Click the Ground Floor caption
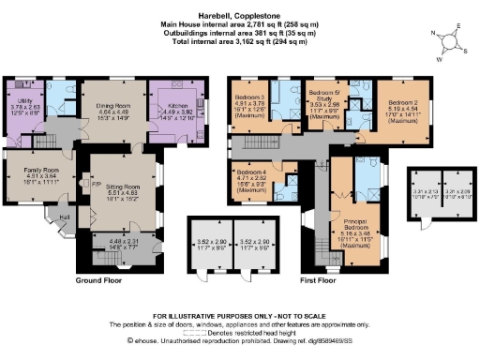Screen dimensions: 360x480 coord(101,279)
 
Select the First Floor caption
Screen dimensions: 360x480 coord(320,279)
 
